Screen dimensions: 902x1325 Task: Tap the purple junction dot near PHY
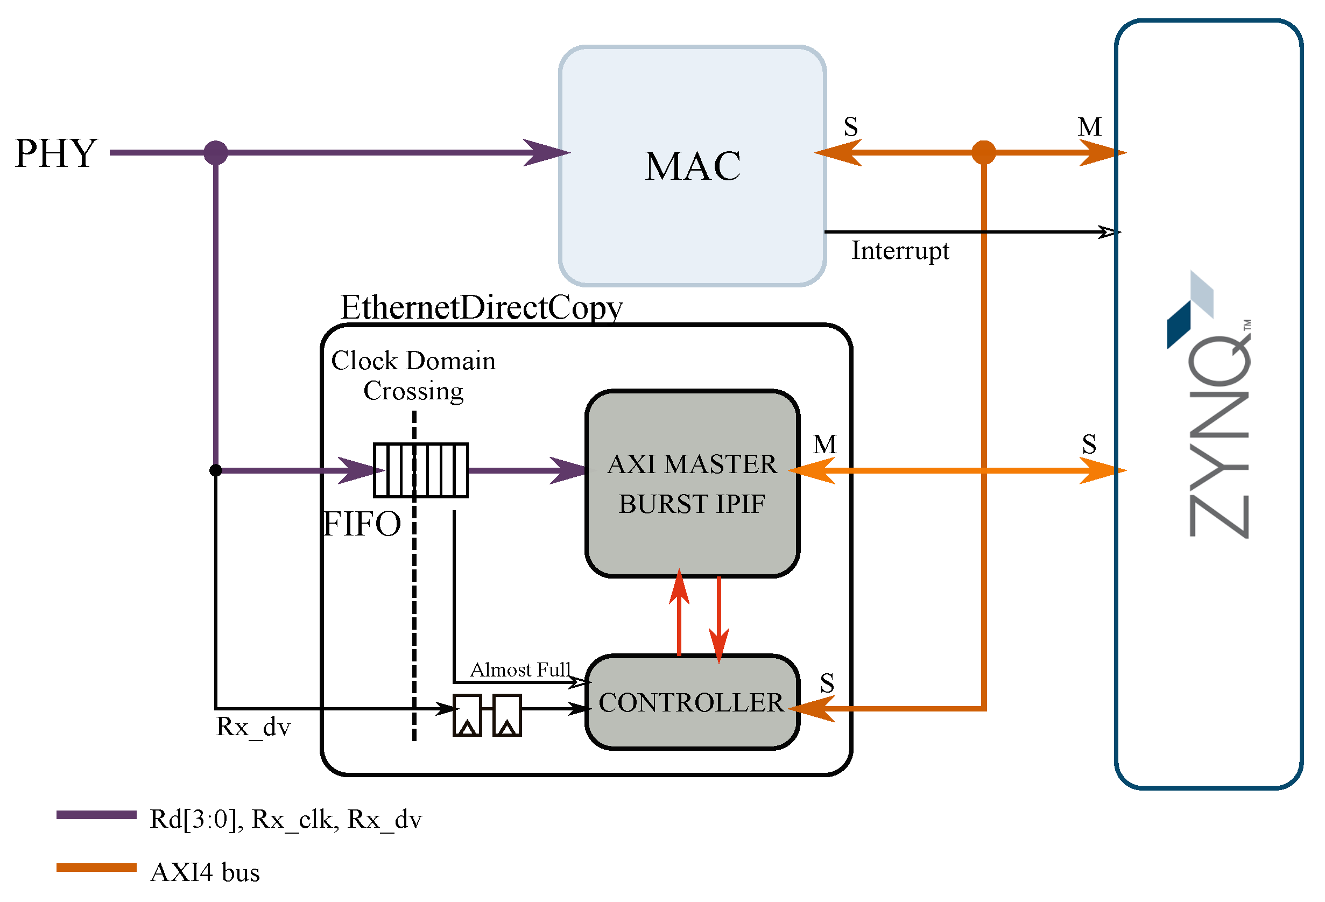215,153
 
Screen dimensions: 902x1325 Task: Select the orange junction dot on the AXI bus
983,153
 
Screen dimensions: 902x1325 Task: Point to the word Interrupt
899,251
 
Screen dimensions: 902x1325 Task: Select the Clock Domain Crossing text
413,375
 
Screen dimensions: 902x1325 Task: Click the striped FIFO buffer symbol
420,470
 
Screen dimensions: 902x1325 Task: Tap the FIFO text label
362,524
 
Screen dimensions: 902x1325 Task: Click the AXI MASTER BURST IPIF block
692,483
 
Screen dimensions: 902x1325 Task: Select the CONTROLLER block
692,702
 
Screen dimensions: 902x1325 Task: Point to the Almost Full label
519,670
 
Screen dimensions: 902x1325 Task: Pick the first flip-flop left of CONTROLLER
467,715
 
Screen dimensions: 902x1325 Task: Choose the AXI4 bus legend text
205,873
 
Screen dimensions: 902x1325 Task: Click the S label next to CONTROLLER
827,683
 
